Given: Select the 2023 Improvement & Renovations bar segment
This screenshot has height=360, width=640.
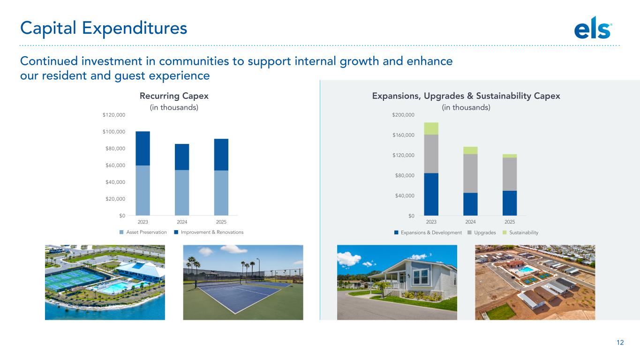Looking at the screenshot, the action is tap(143, 148).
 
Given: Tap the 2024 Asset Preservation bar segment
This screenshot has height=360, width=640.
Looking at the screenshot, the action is tap(182, 193).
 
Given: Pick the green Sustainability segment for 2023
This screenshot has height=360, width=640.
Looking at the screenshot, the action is tap(431, 128).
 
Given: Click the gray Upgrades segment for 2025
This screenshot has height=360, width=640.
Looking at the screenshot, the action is tap(510, 174).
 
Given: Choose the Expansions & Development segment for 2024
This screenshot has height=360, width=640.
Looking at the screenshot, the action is tap(470, 204).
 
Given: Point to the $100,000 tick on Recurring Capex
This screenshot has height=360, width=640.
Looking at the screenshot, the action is tap(114, 132).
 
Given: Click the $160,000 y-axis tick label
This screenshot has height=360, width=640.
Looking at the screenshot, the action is tap(403, 135).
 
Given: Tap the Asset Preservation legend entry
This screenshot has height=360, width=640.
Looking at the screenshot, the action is tap(143, 232).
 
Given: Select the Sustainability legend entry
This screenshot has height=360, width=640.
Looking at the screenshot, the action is tap(520, 232).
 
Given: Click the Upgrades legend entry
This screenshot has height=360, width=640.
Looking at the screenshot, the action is tap(482, 232).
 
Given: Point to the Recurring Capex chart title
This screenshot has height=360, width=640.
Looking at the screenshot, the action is tap(174, 96).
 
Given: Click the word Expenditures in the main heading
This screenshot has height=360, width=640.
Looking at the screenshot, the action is tap(134, 28).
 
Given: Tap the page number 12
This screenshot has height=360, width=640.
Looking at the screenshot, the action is tap(620, 343).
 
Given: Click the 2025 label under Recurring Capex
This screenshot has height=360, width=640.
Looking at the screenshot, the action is tap(221, 222).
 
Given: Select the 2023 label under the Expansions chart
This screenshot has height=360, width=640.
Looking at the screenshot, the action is tap(431, 222).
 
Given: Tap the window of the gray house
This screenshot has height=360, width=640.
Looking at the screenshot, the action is tap(421, 276).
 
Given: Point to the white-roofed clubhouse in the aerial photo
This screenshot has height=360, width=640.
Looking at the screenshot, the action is tap(141, 270).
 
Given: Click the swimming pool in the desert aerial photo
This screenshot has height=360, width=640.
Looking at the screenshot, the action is tap(525, 270).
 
